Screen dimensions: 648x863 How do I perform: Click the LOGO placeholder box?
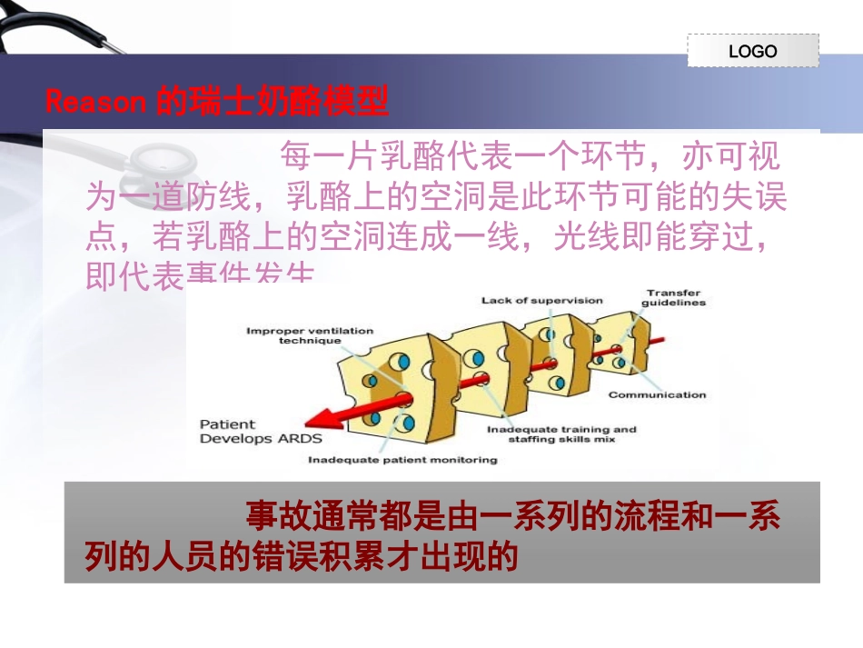(752, 51)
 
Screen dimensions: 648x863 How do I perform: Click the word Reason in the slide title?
(95, 101)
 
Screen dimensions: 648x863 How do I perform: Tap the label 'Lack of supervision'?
(541, 301)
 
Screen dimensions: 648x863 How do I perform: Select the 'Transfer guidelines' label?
(675, 297)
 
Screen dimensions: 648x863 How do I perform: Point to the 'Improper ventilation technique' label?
(309, 335)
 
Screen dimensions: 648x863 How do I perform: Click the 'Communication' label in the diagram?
(657, 394)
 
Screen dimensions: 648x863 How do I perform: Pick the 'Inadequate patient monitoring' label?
(402, 460)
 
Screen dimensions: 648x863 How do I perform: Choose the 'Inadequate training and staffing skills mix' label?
(561, 434)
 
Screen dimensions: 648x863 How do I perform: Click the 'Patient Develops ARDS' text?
(247, 431)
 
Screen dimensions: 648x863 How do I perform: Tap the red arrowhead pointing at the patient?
(318, 418)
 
